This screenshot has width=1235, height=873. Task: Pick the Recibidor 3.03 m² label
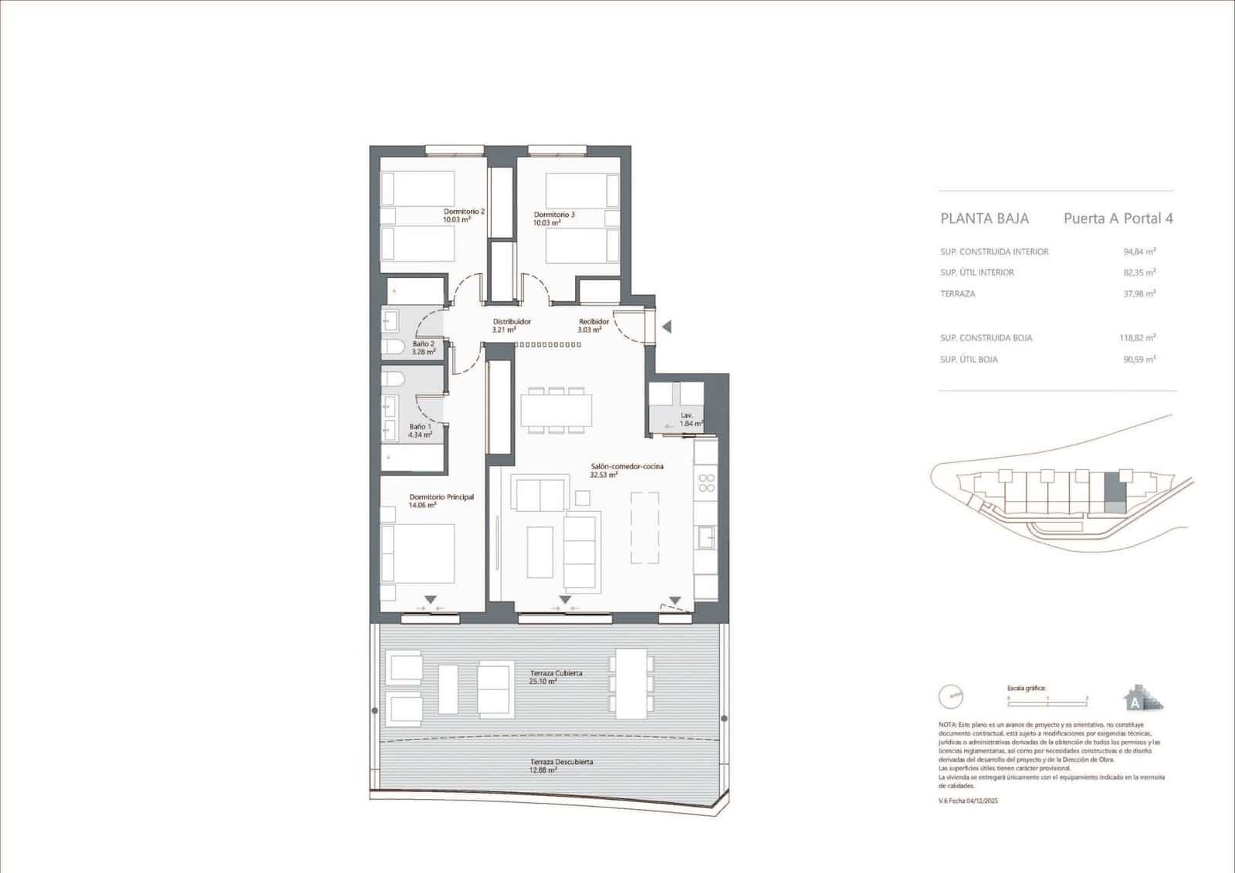click(594, 325)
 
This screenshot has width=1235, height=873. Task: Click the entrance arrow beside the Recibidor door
click(666, 327)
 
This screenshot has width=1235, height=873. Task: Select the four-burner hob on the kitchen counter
click(706, 483)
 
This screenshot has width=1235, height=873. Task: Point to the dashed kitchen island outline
click(645, 529)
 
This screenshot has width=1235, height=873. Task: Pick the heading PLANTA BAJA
click(984, 218)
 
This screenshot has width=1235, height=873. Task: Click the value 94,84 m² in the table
click(1139, 252)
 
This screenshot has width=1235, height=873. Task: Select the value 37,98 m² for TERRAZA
click(1139, 293)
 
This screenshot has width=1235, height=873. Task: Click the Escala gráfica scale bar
click(1047, 698)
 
